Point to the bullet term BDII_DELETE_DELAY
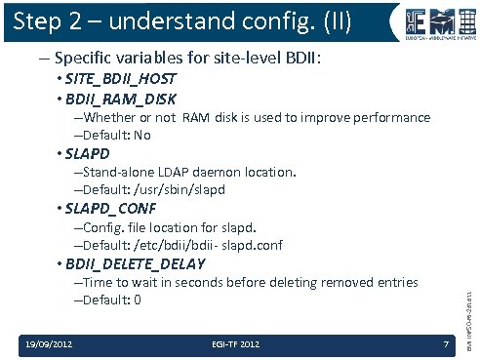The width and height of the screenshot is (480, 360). pos(136,263)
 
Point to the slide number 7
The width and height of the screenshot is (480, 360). pos(444,343)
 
